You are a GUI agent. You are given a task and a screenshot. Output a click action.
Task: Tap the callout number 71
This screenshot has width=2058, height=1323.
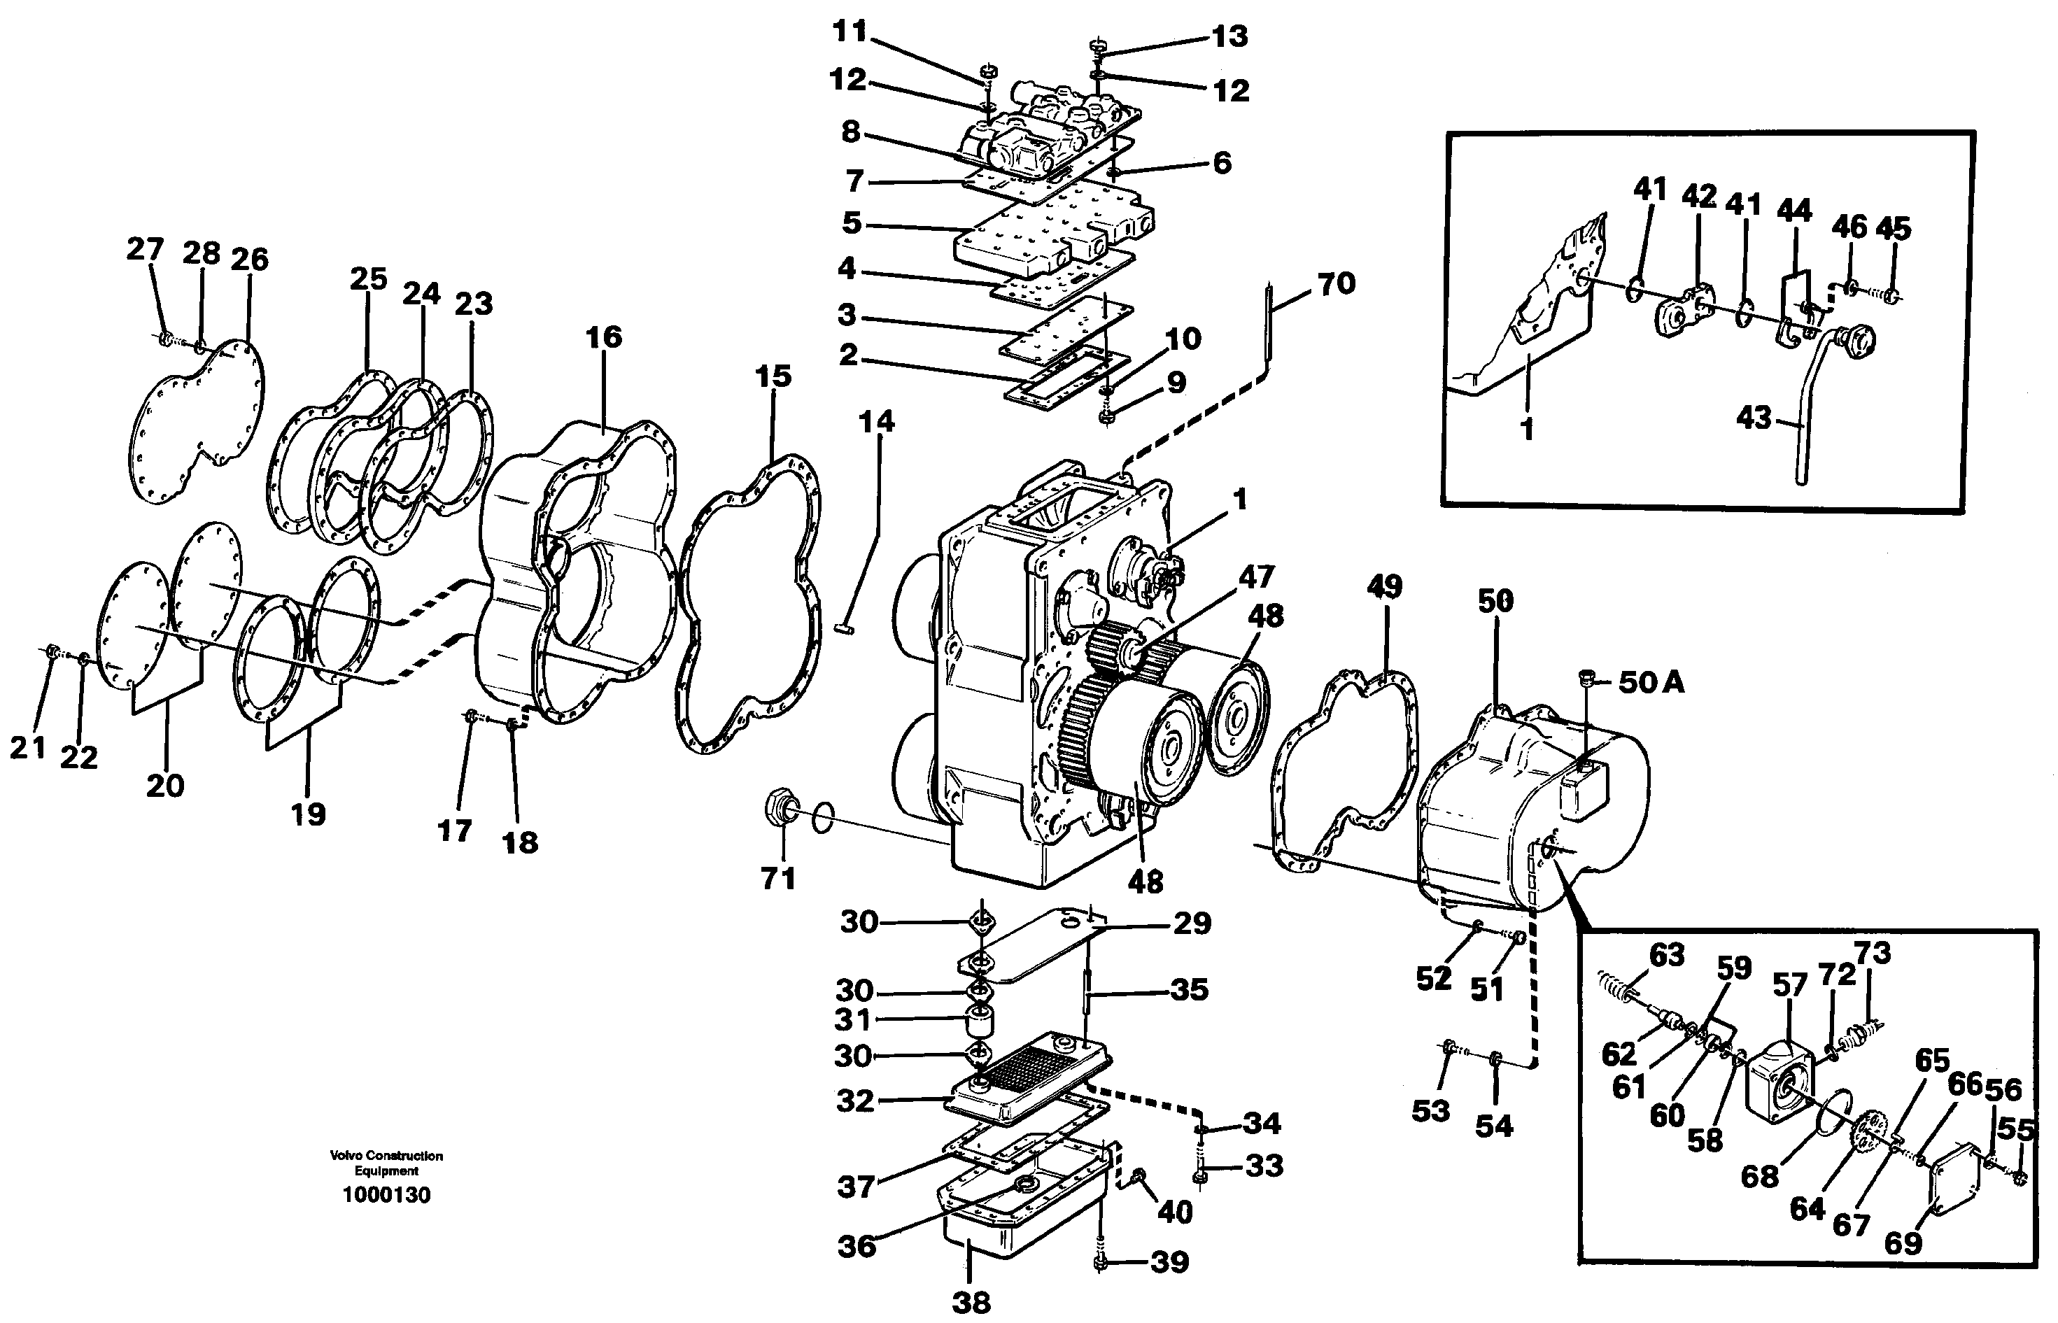tap(777, 878)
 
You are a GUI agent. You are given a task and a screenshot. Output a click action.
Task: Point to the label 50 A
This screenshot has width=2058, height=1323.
tap(1651, 682)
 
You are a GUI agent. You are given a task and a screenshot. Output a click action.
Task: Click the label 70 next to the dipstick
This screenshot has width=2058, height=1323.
tap(1337, 283)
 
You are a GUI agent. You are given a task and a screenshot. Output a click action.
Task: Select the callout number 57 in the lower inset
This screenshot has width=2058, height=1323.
tap(1789, 984)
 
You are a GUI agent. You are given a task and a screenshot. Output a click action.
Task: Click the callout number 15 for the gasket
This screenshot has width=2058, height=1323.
tap(773, 376)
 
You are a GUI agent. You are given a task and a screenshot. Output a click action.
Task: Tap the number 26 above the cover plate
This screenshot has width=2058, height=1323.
tap(249, 259)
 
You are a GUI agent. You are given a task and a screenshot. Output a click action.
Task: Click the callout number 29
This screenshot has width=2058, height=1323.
tap(1192, 923)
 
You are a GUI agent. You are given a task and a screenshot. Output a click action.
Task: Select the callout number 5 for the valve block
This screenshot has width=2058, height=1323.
tap(851, 223)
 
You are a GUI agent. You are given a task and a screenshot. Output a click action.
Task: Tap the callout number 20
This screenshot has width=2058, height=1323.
tap(165, 784)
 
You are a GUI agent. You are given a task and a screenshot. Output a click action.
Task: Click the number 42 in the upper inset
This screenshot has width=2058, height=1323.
tap(1699, 196)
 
